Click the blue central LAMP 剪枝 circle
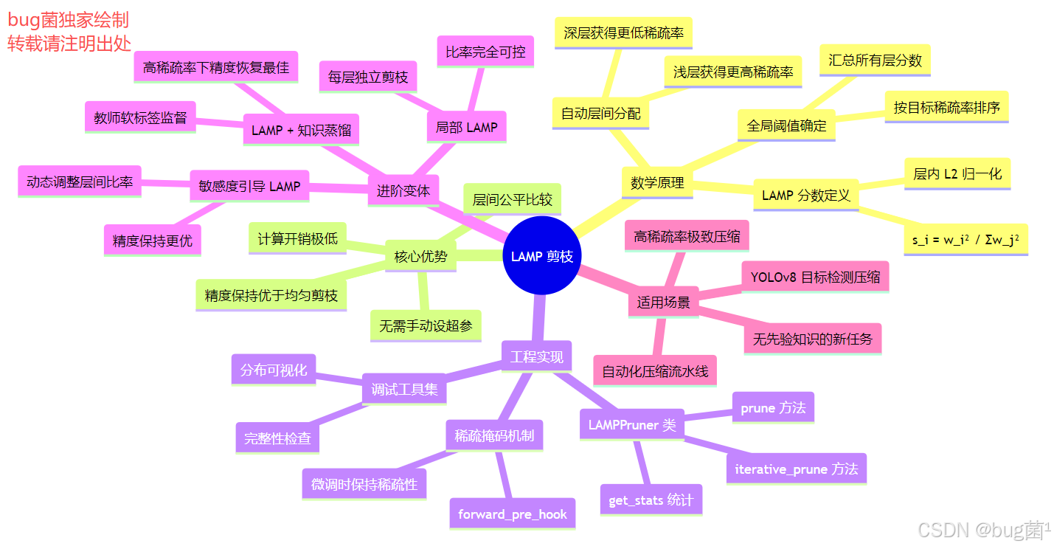pos(542,256)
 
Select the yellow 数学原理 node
pos(657,183)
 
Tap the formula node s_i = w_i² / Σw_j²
pos(965,240)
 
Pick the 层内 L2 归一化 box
pos(957,174)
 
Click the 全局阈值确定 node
pos(786,125)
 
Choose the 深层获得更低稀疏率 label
pos(623,33)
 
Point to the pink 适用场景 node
pos(663,303)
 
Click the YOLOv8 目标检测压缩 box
pos(815,277)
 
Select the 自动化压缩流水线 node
pos(655,371)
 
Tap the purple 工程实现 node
pos(537,357)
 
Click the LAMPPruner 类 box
pos(632,425)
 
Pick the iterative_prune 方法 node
pos(796,469)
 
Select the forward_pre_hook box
pos(513,514)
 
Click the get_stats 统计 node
pos(651,500)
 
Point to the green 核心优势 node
pos(420,257)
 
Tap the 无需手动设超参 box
pos(426,325)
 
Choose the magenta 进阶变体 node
pos(403,190)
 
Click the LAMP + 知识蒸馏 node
pos(301,130)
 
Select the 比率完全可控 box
pos(485,52)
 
